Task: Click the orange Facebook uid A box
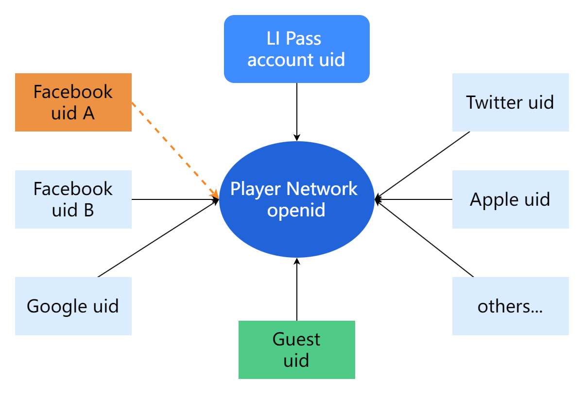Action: (x=73, y=102)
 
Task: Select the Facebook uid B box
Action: (x=73, y=199)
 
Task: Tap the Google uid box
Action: (x=73, y=306)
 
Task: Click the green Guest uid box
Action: (x=296, y=350)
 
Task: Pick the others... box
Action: (x=510, y=306)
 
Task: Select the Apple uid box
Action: (x=510, y=199)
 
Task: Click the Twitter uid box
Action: (x=510, y=102)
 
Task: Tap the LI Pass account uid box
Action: (x=296, y=49)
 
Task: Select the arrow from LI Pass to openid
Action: (x=297, y=112)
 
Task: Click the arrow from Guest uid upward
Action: (x=297, y=291)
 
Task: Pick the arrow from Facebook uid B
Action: (x=175, y=199)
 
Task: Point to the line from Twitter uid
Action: (x=423, y=165)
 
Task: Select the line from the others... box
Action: (x=425, y=239)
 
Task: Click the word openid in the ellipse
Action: (x=296, y=211)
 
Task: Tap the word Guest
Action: (x=296, y=339)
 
